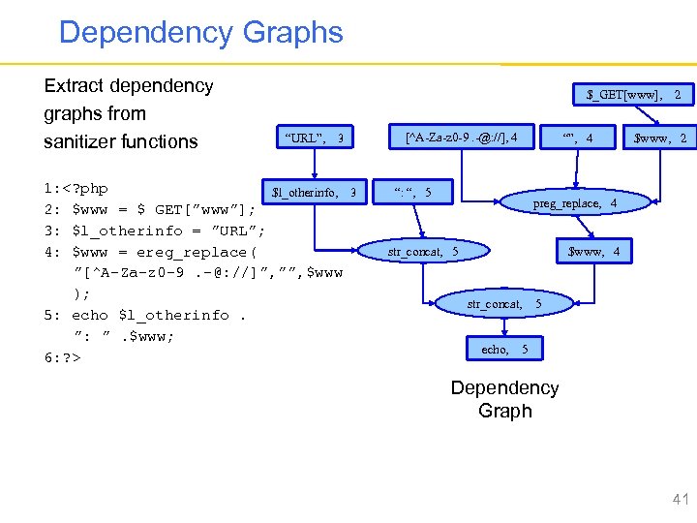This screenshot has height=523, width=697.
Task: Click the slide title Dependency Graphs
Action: (x=200, y=32)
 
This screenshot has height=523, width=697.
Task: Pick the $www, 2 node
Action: (x=659, y=138)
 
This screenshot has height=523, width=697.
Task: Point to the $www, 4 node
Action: (x=594, y=252)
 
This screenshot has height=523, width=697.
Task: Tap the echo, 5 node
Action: (x=503, y=349)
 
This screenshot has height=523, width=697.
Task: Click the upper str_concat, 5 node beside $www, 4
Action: (x=423, y=252)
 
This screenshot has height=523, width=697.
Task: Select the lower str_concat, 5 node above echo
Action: (x=503, y=304)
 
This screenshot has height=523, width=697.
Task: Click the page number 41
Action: (x=680, y=500)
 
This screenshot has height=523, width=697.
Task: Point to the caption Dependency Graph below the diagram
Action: (x=504, y=399)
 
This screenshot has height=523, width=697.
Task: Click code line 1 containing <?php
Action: (x=76, y=188)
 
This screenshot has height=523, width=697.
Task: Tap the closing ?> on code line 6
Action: (x=70, y=357)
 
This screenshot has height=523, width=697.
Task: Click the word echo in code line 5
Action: (x=90, y=315)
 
